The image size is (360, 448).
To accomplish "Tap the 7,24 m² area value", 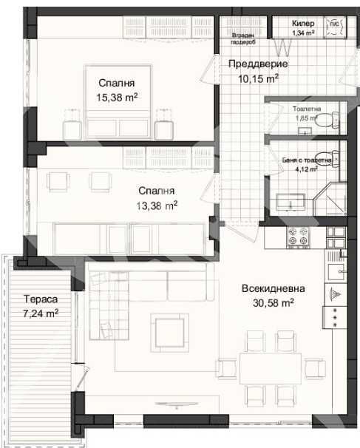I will point(40,313).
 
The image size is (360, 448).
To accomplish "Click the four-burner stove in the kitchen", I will point(299,237).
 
